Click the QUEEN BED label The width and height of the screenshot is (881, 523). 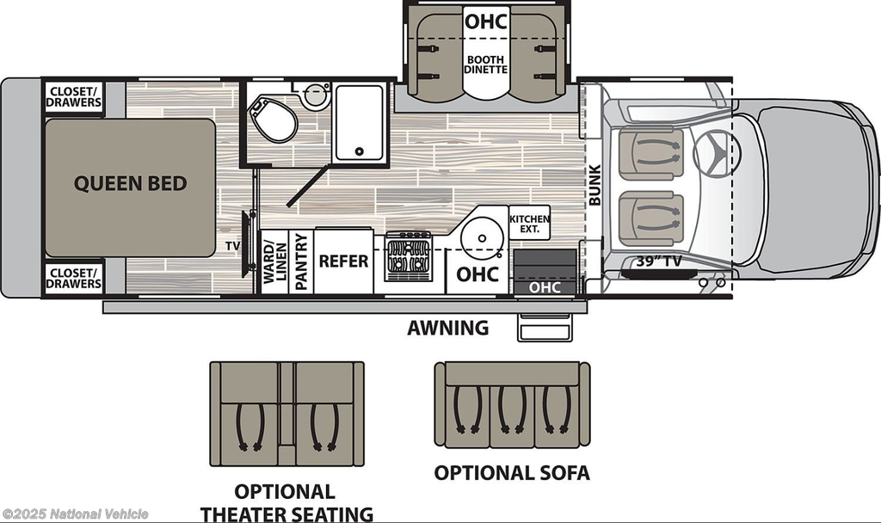[131, 184]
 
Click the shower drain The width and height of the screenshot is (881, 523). [360, 151]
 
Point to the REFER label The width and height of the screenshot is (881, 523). [343, 261]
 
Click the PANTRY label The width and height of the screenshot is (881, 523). [301, 261]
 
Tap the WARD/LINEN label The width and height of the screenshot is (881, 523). [274, 262]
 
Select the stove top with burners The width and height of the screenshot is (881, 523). [409, 256]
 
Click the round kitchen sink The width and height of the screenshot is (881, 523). [482, 238]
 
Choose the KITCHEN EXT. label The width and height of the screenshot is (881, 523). [529, 224]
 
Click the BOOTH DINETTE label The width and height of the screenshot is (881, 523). [486, 64]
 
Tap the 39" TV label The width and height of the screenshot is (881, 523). [659, 261]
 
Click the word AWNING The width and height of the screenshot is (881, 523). [447, 328]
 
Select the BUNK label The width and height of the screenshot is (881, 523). [595, 185]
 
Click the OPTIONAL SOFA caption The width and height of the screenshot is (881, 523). [512, 473]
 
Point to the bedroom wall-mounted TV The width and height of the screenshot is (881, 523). [247, 244]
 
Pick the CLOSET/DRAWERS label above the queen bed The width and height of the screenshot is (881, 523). [74, 96]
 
